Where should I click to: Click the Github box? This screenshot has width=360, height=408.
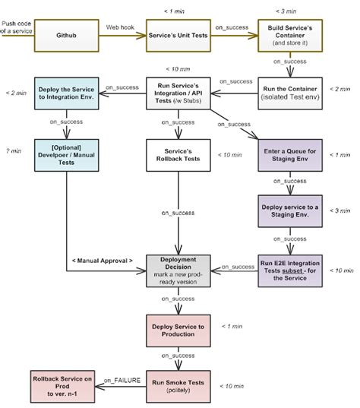click(x=66, y=36)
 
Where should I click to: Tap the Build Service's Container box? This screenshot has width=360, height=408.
click(x=288, y=36)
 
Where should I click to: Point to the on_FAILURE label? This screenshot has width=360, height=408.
click(x=122, y=378)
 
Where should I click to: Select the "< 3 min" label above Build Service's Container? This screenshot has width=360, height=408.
click(x=289, y=11)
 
